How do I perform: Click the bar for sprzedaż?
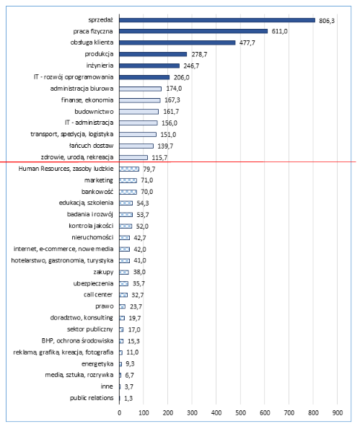point(216,20)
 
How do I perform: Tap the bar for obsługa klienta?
point(177,43)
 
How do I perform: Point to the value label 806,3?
point(327,20)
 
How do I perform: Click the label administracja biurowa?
point(82,88)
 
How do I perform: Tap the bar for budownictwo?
point(139,111)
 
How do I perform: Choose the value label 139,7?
point(165,146)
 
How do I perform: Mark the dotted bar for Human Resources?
point(128,169)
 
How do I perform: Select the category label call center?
point(98,295)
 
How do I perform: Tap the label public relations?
point(92,398)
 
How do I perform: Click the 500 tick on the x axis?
point(240,412)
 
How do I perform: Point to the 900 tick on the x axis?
point(337,412)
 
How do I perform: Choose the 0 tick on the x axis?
point(119,412)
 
